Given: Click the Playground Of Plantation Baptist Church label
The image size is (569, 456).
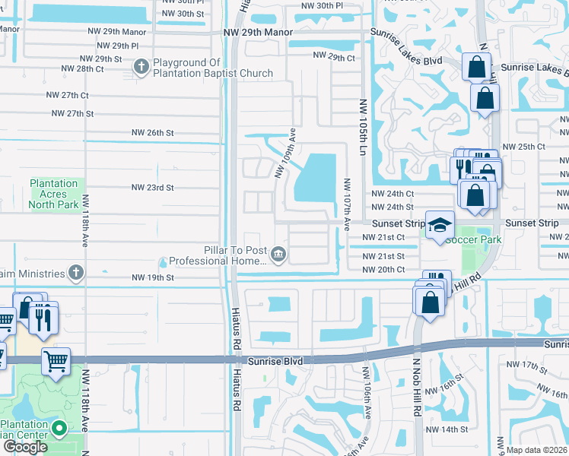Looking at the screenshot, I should pos(213,68).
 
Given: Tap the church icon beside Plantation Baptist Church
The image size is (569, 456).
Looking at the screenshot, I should pos(141,68).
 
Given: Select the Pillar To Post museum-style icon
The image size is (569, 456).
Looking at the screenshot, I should pos(278,254).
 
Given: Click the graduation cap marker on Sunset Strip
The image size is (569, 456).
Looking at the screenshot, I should pos(439,225).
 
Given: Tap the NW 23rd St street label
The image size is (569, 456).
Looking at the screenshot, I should pos(153,187).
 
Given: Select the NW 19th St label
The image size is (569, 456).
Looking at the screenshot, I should pos(153,278).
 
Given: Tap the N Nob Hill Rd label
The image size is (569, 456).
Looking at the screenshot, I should pos(418,388).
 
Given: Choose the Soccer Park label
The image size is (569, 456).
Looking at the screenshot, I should pos(474,240).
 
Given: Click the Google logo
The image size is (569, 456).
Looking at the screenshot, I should pos(25,447).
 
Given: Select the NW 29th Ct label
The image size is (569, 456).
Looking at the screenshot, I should pos(333,57).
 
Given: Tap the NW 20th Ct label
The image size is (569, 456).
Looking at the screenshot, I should pos(383,270).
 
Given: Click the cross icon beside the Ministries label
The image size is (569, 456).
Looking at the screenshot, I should pos(75,272).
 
